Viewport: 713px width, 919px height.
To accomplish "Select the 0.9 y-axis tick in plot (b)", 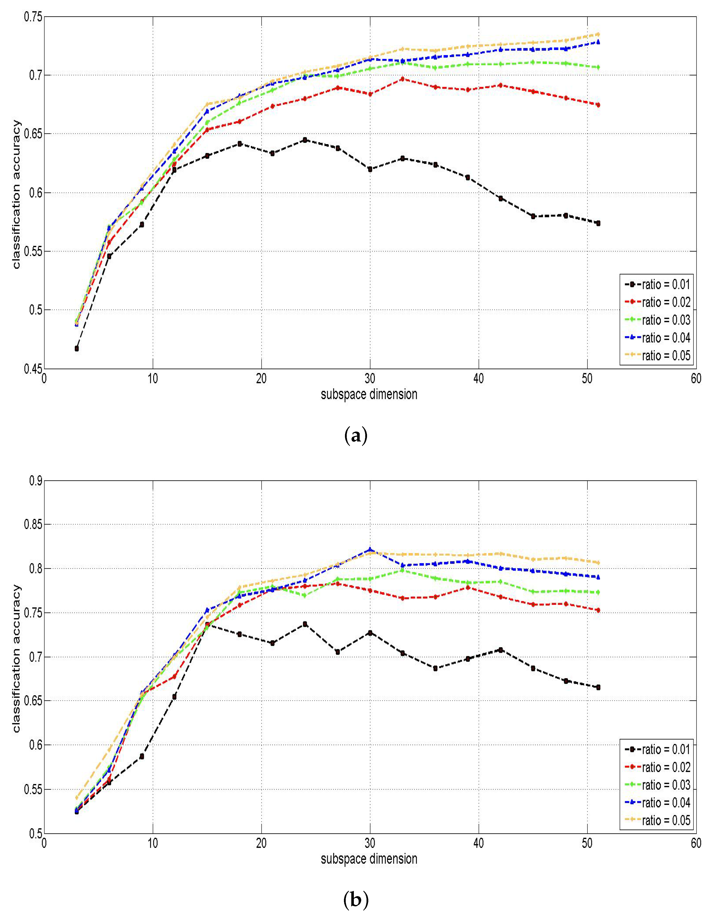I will pyautogui.click(x=35, y=481).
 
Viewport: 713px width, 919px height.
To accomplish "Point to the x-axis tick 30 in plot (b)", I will pyautogui.click(x=370, y=843).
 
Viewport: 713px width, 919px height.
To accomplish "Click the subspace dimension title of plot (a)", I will pyautogui.click(x=369, y=395).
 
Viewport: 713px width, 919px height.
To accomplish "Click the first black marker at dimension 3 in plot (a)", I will pyautogui.click(x=77, y=348).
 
